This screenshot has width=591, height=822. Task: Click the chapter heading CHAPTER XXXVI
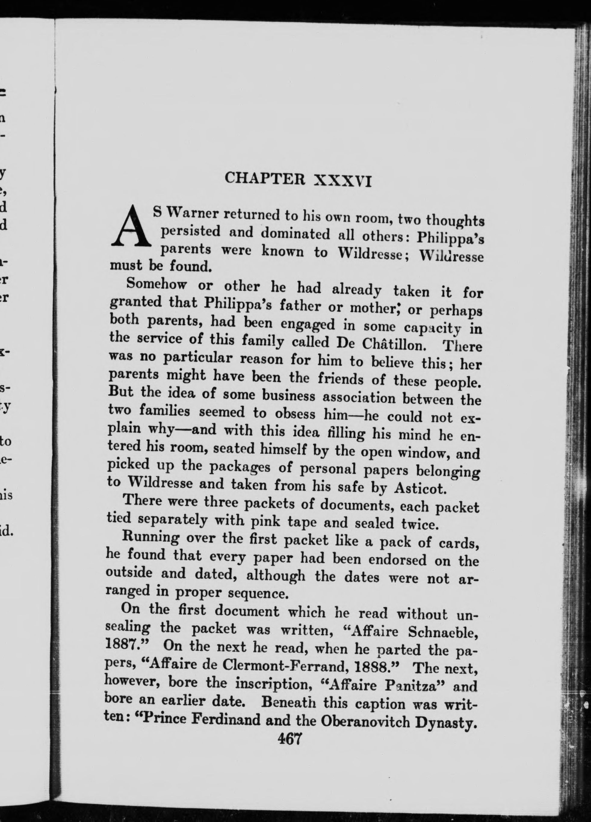point(298,179)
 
